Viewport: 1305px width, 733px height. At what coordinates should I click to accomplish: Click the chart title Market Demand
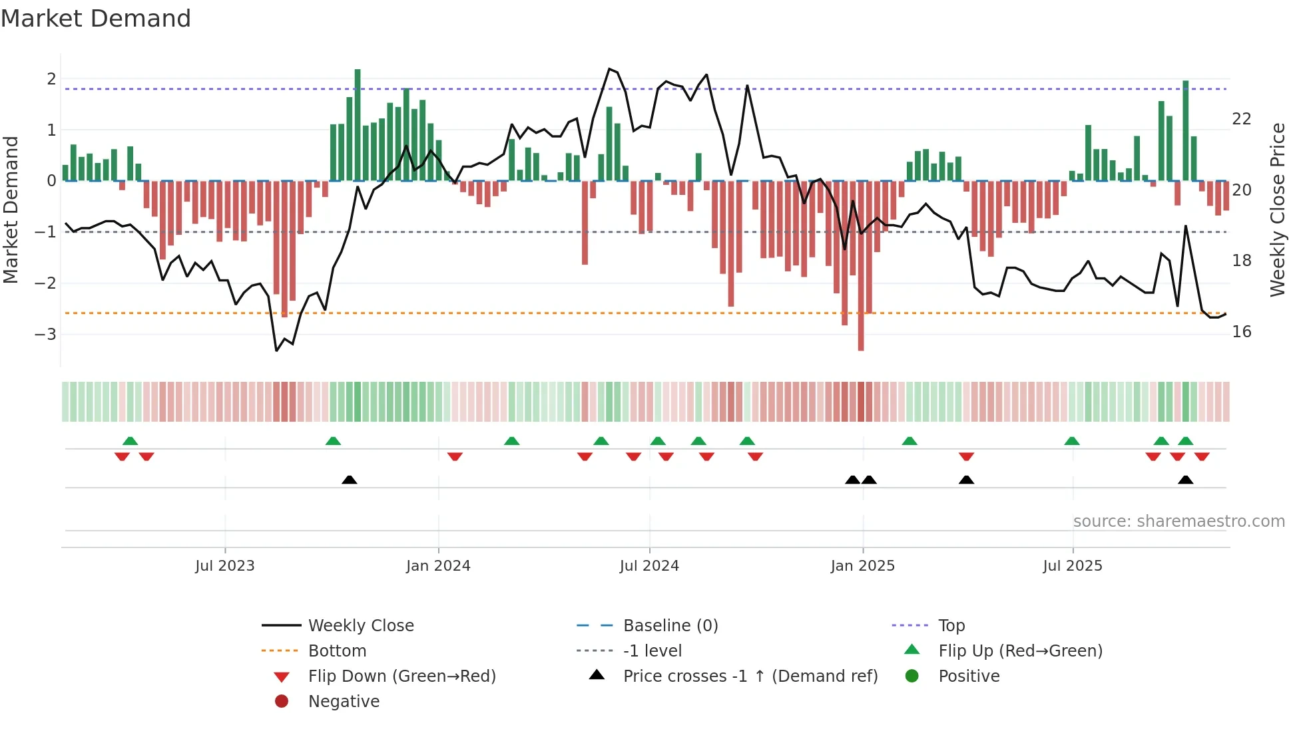click(x=96, y=19)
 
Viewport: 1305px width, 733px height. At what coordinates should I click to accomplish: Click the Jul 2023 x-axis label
click(x=224, y=566)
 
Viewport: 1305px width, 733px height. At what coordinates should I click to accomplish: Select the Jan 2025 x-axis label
click(x=862, y=566)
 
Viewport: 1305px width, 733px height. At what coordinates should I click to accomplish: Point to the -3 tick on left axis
click(x=45, y=334)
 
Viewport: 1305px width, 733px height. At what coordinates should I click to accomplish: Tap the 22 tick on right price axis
click(x=1241, y=119)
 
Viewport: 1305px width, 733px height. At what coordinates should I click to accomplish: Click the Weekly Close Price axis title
click(x=1277, y=210)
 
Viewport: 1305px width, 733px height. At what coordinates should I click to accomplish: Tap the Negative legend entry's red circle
click(x=282, y=702)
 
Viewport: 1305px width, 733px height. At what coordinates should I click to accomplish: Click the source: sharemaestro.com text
click(x=1178, y=521)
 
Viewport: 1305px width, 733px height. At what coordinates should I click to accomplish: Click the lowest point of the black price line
click(x=277, y=351)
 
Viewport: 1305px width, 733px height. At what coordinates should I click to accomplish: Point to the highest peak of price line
click(x=609, y=69)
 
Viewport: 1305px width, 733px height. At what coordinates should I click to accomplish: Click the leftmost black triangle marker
click(x=349, y=480)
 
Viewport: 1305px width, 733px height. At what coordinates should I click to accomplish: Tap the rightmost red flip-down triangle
click(x=1202, y=456)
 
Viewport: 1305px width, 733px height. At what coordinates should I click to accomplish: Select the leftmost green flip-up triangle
click(x=130, y=441)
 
